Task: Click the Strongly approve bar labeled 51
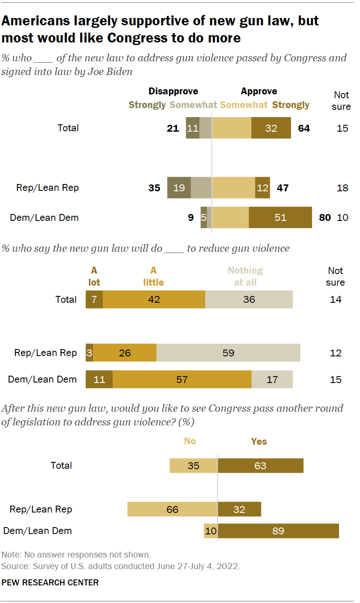(x=280, y=217)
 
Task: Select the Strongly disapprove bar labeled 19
(x=179, y=188)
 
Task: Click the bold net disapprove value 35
(x=154, y=188)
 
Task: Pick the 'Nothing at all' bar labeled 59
(x=228, y=353)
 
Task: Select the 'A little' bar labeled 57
(x=182, y=380)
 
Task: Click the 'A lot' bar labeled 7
(x=94, y=299)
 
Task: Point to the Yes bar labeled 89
(x=278, y=531)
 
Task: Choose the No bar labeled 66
(x=172, y=510)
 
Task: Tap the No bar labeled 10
(x=210, y=531)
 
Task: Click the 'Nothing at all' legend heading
(x=245, y=276)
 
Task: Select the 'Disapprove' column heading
(x=173, y=91)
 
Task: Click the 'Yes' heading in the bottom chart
(x=259, y=441)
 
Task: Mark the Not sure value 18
(x=342, y=188)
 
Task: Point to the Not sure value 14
(x=336, y=299)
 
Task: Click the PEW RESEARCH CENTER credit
(x=50, y=582)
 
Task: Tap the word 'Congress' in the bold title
(x=138, y=38)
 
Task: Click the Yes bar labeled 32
(x=239, y=510)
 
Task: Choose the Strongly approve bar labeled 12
(x=262, y=188)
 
